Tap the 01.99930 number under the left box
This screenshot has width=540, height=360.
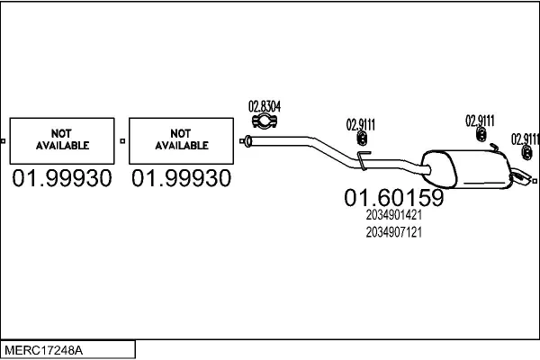click(62, 178)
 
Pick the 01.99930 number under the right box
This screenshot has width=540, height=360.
click(181, 178)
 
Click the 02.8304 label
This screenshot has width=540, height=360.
click(265, 106)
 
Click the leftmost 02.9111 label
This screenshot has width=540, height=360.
click(361, 124)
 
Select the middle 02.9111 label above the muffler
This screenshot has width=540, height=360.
click(480, 121)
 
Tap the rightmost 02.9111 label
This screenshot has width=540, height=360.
click(526, 139)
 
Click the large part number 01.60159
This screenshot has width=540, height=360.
click(394, 197)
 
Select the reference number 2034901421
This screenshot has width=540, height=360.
click(394, 215)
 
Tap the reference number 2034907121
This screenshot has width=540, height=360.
click(394, 232)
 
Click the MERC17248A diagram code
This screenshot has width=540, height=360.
click(44, 350)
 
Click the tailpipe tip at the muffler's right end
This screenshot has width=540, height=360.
click(521, 177)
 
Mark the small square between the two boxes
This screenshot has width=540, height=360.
click(122, 141)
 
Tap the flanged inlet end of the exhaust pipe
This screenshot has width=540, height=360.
click(247, 141)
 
